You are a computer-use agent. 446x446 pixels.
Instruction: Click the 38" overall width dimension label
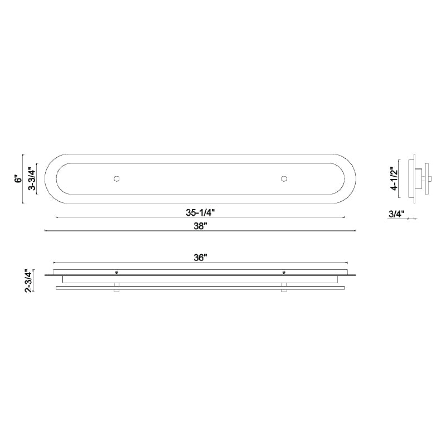click(x=200, y=226)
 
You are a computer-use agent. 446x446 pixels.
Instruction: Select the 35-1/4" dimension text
click(x=200, y=212)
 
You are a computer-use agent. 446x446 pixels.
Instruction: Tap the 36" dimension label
click(x=200, y=258)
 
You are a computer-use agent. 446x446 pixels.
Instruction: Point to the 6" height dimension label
click(x=18, y=179)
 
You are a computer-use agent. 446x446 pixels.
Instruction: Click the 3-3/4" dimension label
click(x=32, y=179)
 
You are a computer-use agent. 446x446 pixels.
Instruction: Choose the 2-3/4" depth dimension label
click(x=30, y=281)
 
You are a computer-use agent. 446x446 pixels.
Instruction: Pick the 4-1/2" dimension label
click(x=395, y=178)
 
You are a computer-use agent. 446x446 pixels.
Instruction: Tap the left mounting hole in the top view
click(x=117, y=178)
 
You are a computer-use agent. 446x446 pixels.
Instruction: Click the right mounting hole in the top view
click(x=284, y=178)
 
